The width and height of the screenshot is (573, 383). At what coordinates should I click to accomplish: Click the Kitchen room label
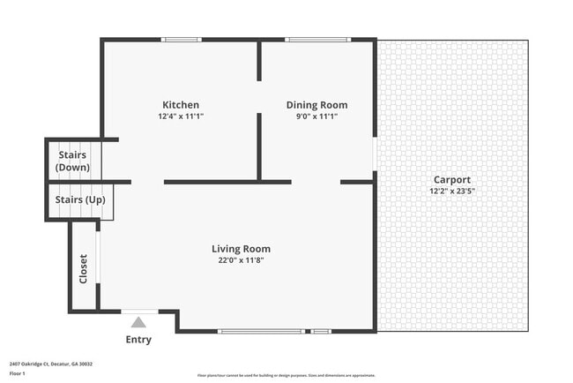tap(180, 104)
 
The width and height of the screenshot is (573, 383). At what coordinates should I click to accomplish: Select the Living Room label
tap(241, 248)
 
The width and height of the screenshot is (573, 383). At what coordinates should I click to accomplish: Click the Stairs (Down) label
tap(72, 161)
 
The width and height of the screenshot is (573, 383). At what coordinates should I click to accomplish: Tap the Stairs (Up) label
tap(80, 199)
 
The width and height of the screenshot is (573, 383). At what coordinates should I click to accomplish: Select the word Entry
tap(138, 340)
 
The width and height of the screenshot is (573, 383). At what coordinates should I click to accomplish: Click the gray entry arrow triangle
tap(138, 323)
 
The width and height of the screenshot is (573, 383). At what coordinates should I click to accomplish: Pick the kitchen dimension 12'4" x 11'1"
tap(180, 116)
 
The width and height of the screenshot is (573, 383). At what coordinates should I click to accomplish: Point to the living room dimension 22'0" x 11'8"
tap(241, 259)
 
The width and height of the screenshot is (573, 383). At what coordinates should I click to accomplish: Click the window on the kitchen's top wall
tap(181, 39)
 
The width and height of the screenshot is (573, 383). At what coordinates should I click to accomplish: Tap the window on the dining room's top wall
tap(317, 39)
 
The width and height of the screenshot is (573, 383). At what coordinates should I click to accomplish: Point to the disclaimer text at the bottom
tap(286, 376)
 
